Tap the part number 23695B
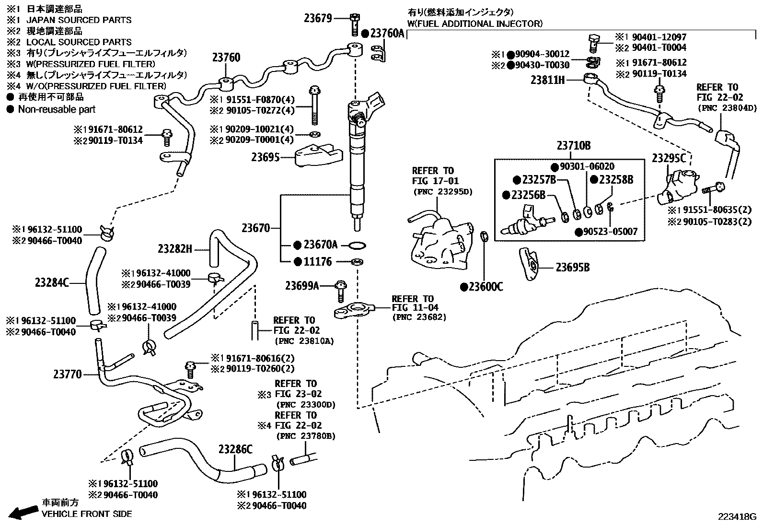pyautogui.click(x=572, y=267)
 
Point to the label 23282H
pyautogui.click(x=175, y=248)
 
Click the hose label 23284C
pyautogui.click(x=52, y=283)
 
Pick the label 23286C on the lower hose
pyautogui.click(x=235, y=449)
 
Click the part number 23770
pyautogui.click(x=68, y=374)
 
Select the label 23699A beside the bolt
pyautogui.click(x=301, y=286)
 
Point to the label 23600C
pyautogui.click(x=486, y=287)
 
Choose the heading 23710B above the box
pyautogui.click(x=573, y=146)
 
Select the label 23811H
pyautogui.click(x=547, y=80)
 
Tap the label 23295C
pyautogui.click(x=669, y=158)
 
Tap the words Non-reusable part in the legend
pyautogui.click(x=57, y=109)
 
